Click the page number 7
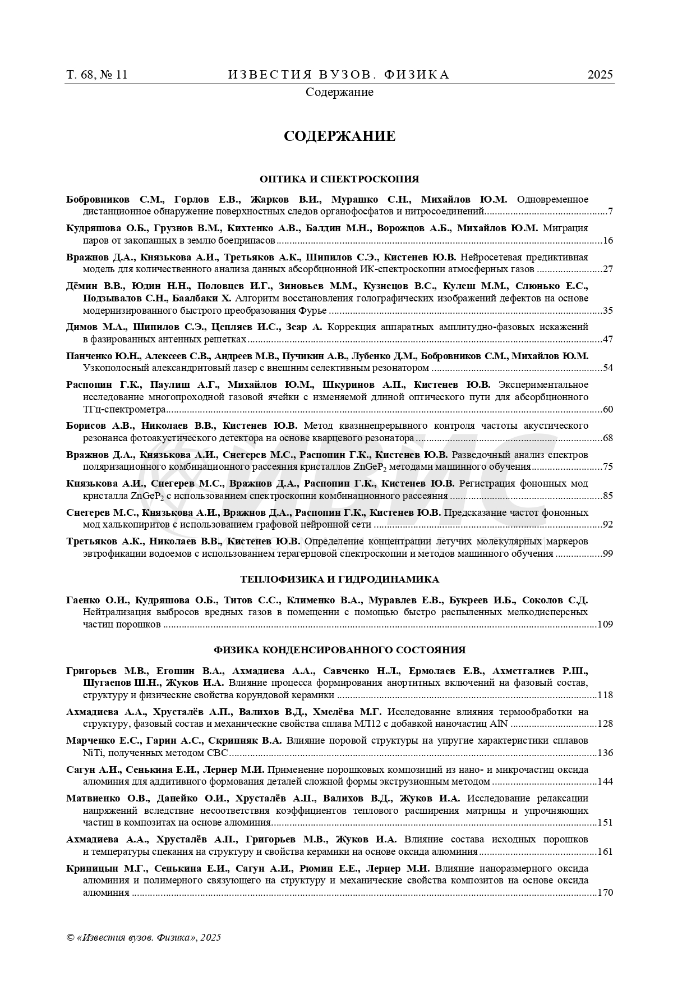(610, 212)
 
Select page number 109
(605, 624)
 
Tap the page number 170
(605, 892)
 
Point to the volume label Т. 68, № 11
(97, 75)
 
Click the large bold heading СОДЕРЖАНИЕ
(339, 136)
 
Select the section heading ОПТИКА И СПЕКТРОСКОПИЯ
(339, 179)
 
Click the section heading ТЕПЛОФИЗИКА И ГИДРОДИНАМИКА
(339, 579)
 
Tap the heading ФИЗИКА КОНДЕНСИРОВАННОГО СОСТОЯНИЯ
(339, 650)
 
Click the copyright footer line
(144, 937)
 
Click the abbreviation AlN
(499, 723)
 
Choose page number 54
(607, 368)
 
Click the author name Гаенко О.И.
(98, 600)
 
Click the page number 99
(607, 553)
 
